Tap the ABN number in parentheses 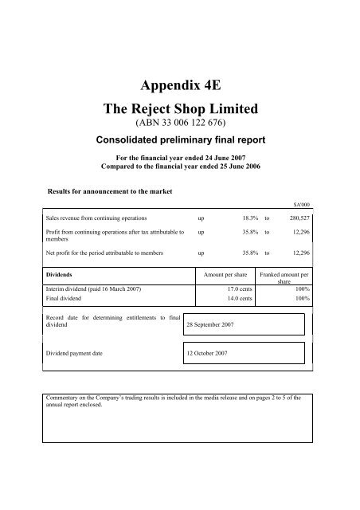pos(179,127)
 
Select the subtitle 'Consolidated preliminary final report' pos(179,141)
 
